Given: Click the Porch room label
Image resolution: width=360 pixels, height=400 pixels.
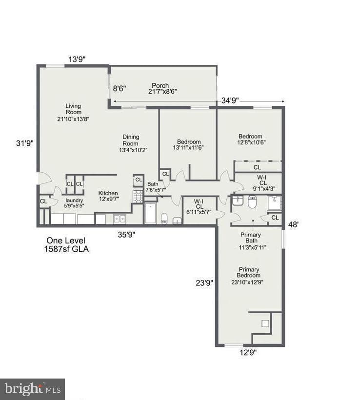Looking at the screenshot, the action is click(x=160, y=85).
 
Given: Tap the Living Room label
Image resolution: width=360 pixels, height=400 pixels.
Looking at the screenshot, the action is click(x=74, y=109).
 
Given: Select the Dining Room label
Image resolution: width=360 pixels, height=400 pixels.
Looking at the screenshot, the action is click(x=131, y=140).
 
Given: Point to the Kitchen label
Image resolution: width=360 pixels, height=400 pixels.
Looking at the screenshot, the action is click(x=108, y=193).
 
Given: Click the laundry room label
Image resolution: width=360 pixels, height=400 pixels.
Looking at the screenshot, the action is click(x=74, y=200).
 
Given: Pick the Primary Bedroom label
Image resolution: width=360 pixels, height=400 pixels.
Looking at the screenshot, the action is click(x=249, y=272).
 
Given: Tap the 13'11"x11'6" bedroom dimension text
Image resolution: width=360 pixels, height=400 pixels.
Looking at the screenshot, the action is click(x=188, y=147).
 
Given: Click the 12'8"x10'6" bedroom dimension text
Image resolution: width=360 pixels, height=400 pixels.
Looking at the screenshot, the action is click(x=251, y=142).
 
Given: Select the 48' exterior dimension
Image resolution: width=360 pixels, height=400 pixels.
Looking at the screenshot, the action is click(x=293, y=224).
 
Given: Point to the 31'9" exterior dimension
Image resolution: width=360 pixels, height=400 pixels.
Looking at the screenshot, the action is click(x=25, y=143).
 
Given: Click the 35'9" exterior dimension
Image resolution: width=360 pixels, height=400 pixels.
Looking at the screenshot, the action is click(x=126, y=235).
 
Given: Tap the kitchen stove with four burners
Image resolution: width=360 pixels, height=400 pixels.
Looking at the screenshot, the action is click(x=138, y=197).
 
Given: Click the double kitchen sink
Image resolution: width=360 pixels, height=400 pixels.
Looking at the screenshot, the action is click(x=120, y=219).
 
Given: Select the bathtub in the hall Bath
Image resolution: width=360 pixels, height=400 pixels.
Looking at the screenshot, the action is click(x=151, y=213).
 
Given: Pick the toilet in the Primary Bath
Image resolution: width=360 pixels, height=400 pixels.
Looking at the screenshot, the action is click(x=252, y=202).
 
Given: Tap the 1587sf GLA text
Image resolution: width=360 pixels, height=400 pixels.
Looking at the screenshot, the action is click(x=66, y=249).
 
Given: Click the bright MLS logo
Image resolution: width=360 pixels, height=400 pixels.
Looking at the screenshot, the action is click(x=32, y=389).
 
